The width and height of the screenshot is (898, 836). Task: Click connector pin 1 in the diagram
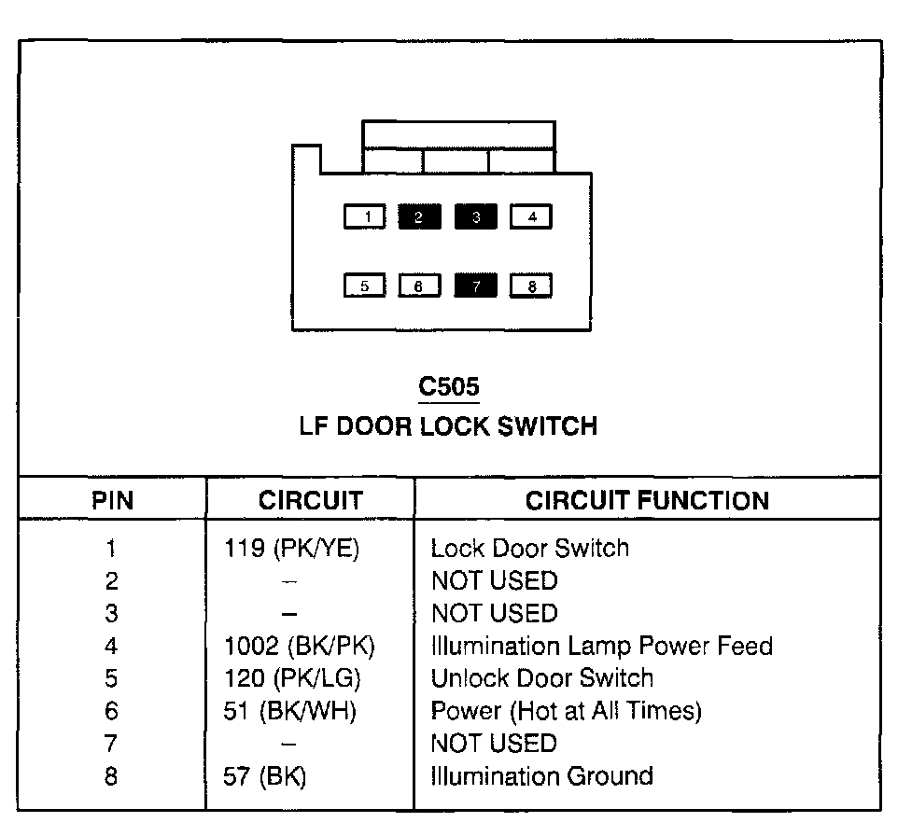(x=365, y=217)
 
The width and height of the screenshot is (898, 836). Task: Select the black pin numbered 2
(x=420, y=217)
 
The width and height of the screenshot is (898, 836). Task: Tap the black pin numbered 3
(x=476, y=217)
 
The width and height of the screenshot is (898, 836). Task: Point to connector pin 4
(x=531, y=217)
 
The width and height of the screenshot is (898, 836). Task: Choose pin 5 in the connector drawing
(x=365, y=286)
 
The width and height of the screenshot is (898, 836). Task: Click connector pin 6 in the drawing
(x=420, y=286)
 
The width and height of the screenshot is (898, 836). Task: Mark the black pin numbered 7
(x=476, y=286)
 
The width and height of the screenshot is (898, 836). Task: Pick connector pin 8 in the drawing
(x=531, y=286)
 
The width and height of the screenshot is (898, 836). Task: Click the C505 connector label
(x=449, y=386)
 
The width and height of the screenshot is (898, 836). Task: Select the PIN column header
(x=112, y=500)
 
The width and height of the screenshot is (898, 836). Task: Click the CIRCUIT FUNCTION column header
(x=647, y=500)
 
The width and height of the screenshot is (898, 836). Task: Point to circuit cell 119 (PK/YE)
(x=291, y=549)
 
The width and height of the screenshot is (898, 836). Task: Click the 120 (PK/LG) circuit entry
(x=292, y=678)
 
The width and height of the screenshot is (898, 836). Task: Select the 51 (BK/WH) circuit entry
(x=291, y=711)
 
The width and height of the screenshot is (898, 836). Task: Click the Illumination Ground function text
(x=541, y=776)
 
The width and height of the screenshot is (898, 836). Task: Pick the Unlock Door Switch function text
(x=541, y=678)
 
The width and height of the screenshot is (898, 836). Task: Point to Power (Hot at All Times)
(x=566, y=711)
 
